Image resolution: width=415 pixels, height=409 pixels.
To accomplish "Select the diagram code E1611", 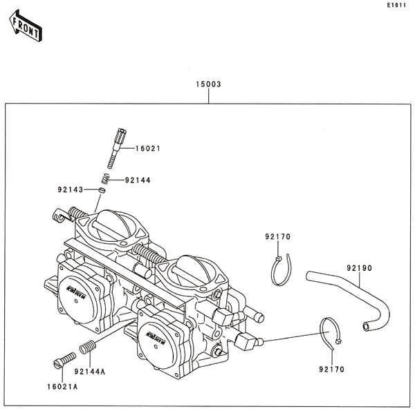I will pyautogui.click(x=396, y=6).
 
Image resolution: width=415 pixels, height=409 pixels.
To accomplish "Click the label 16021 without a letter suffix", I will pyautogui.click(x=147, y=149).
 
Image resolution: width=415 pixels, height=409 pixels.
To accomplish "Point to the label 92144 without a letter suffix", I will pyautogui.click(x=138, y=180).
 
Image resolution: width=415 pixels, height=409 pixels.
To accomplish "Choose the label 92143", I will pyautogui.click(x=70, y=188).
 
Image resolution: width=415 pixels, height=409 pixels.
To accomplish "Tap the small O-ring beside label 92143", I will pyautogui.click(x=101, y=189).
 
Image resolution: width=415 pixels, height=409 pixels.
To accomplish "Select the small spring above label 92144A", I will pyautogui.click(x=88, y=347).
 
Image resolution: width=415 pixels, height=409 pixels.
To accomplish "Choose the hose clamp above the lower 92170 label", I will pyautogui.click(x=329, y=334).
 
